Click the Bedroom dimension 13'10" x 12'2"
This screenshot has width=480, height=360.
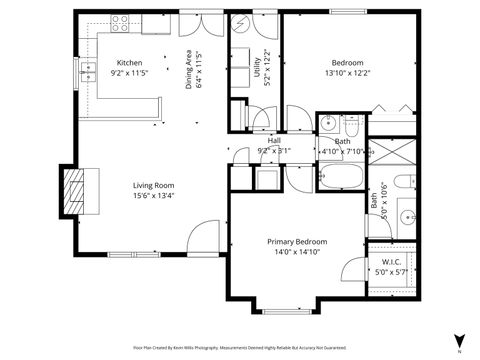[347, 73]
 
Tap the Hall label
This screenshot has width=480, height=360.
[273, 141]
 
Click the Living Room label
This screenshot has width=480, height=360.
[156, 185]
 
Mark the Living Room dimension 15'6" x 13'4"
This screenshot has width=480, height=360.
[156, 197]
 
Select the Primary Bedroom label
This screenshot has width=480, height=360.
[297, 242]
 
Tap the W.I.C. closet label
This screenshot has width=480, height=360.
[391, 262]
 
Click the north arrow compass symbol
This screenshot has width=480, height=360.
[458, 339]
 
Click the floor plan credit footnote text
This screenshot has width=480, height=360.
[240, 348]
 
